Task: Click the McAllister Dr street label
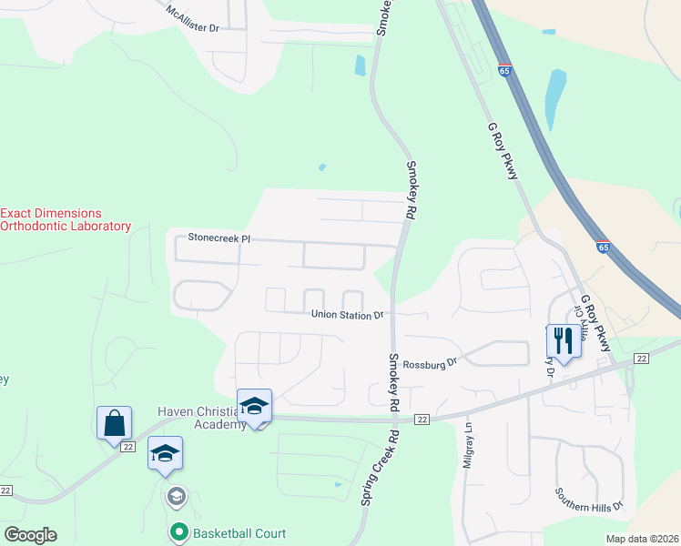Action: [x=192, y=19]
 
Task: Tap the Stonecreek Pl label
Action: [x=219, y=238]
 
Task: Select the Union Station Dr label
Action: [x=347, y=316]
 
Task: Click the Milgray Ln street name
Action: [x=469, y=448]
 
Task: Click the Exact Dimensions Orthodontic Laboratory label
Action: [x=66, y=218]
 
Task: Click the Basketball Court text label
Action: [x=239, y=533]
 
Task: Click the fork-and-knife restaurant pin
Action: [x=562, y=341]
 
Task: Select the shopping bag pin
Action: [x=115, y=423]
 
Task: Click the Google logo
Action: [x=30, y=535]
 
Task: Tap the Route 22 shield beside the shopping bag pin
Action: [x=127, y=446]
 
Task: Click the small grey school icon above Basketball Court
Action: [x=176, y=497]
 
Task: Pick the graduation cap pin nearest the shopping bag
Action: [x=165, y=453]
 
